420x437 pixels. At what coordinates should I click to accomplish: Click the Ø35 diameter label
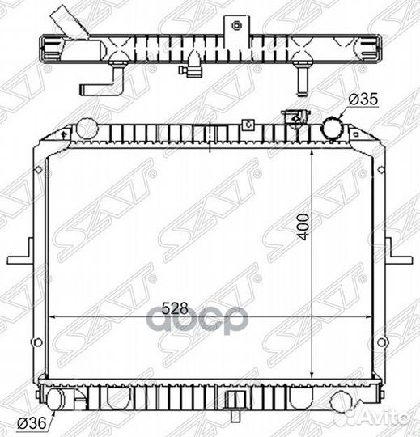pos(363,100)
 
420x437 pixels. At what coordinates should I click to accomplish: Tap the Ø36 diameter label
pos(32,423)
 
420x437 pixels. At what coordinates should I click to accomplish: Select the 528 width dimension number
pos(175,308)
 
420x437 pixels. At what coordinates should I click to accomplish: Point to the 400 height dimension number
pos(303,227)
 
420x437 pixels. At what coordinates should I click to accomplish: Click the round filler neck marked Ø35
pos(333,128)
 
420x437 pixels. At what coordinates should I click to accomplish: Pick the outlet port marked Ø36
pos(53,400)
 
